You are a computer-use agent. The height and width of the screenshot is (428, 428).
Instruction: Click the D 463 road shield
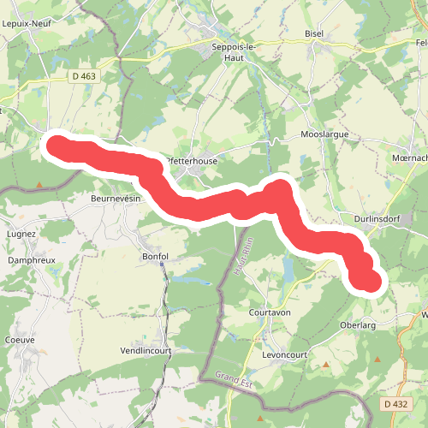(83, 77)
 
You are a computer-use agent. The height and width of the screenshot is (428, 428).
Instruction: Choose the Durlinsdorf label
(379, 219)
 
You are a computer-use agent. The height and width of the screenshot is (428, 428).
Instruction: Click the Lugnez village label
(21, 233)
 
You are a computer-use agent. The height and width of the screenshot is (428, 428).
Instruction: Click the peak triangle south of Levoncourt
(325, 366)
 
